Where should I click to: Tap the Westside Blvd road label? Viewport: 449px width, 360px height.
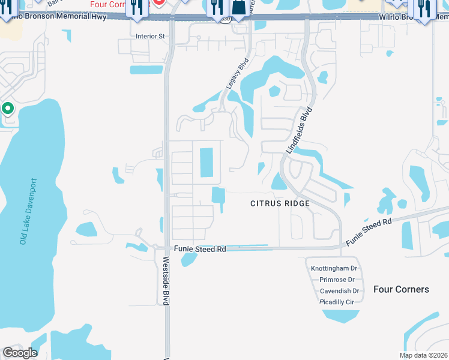pyautogui.click(x=166, y=281)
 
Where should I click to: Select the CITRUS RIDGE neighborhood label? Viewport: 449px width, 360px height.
pyautogui.click(x=280, y=203)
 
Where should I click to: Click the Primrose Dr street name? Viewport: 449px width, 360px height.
pyautogui.click(x=336, y=280)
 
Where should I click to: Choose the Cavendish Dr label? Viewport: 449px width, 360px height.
pyautogui.click(x=339, y=291)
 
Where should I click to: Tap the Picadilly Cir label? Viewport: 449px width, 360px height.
pyautogui.click(x=337, y=302)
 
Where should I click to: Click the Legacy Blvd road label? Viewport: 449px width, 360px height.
pyautogui.click(x=237, y=74)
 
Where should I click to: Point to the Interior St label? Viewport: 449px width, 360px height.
pyautogui.click(x=150, y=36)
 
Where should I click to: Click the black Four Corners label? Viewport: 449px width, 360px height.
pyautogui.click(x=401, y=289)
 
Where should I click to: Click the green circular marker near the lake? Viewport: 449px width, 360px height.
pyautogui.click(x=8, y=109)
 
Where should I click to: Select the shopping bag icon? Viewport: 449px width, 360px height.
pyautogui.click(x=238, y=7)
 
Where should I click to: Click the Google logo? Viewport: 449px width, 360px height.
pyautogui.click(x=20, y=353)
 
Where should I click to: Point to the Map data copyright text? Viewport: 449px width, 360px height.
pyautogui.click(x=423, y=355)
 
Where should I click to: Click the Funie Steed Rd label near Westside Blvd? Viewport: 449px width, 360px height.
pyautogui.click(x=199, y=248)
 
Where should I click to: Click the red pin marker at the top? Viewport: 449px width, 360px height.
pyautogui.click(x=159, y=2)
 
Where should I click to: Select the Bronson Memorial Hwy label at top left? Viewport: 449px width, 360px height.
pyautogui.click(x=66, y=17)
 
